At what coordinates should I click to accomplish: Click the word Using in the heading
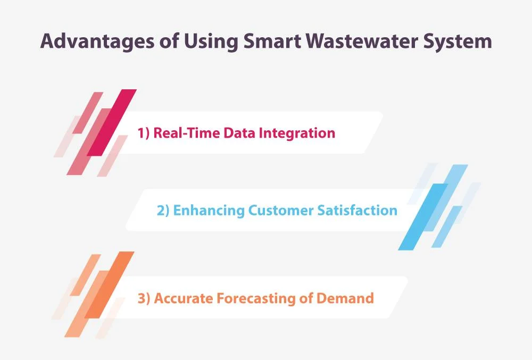pyautogui.click(x=211, y=42)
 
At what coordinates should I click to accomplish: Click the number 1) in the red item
pyautogui.click(x=144, y=133)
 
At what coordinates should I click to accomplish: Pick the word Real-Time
pyautogui.click(x=187, y=132)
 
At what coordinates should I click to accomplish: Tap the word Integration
pyautogui.click(x=297, y=133)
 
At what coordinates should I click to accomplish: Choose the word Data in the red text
pyautogui.click(x=239, y=132)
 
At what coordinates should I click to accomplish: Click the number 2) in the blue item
pyautogui.click(x=163, y=211)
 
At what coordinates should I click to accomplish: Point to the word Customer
pyautogui.click(x=281, y=211)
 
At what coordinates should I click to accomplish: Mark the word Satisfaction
pyautogui.click(x=358, y=210)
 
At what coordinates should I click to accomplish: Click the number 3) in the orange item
pyautogui.click(x=144, y=299)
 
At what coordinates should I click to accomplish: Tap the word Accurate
pyautogui.click(x=183, y=298)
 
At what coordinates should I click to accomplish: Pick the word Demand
pyautogui.click(x=345, y=298)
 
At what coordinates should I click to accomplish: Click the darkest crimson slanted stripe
pyautogui.click(x=112, y=123)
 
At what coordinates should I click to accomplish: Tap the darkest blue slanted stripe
pyautogui.click(x=423, y=217)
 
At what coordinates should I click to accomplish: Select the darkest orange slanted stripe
pyautogui.click(x=109, y=284)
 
